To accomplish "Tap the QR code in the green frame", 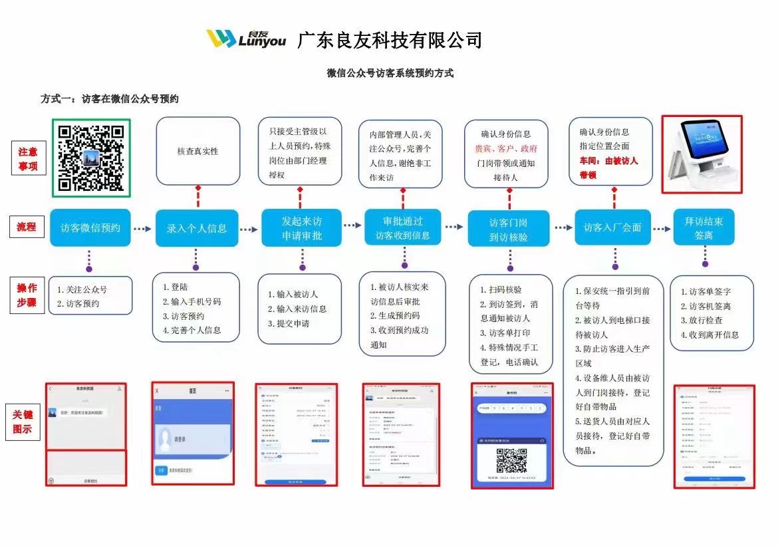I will [91, 158].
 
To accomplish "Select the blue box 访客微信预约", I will [90, 227].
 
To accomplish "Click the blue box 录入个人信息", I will [196, 228].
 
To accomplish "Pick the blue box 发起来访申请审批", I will [301, 228].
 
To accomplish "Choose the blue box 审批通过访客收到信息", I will [402, 228].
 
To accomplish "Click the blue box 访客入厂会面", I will [612, 227].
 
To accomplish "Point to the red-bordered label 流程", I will [27, 227].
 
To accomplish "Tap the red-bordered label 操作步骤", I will [27, 295].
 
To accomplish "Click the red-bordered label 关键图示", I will [27, 422].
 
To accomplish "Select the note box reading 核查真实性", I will [197, 152].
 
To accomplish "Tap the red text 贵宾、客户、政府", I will [506, 149].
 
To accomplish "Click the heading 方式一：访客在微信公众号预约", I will [110, 98].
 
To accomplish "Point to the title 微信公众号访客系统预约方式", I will [390, 73].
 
